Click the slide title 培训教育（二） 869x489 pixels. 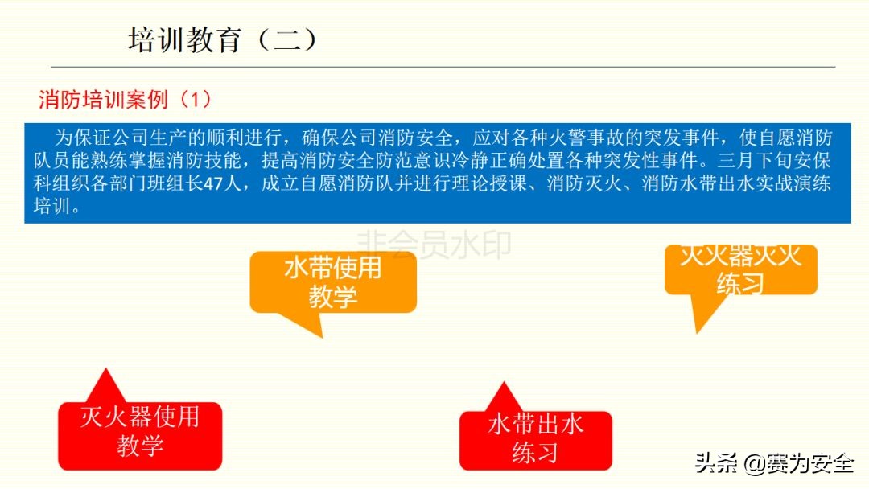[223, 40]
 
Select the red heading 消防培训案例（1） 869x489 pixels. [126, 100]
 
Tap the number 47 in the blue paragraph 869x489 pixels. [213, 183]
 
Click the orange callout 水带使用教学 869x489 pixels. [333, 282]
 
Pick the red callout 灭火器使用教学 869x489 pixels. [140, 436]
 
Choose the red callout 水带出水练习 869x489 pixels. [536, 440]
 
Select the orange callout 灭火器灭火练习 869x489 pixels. [741, 269]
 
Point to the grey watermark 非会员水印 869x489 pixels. [434, 244]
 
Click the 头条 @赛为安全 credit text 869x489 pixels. [774, 462]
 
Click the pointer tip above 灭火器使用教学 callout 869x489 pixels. [105, 369]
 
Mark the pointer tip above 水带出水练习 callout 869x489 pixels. [504, 383]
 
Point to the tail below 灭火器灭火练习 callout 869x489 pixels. [697, 332]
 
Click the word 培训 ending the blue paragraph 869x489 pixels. [51, 207]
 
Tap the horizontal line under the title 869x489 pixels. [443, 67]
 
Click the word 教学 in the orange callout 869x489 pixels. [333, 297]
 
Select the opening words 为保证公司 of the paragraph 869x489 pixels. [102, 138]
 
